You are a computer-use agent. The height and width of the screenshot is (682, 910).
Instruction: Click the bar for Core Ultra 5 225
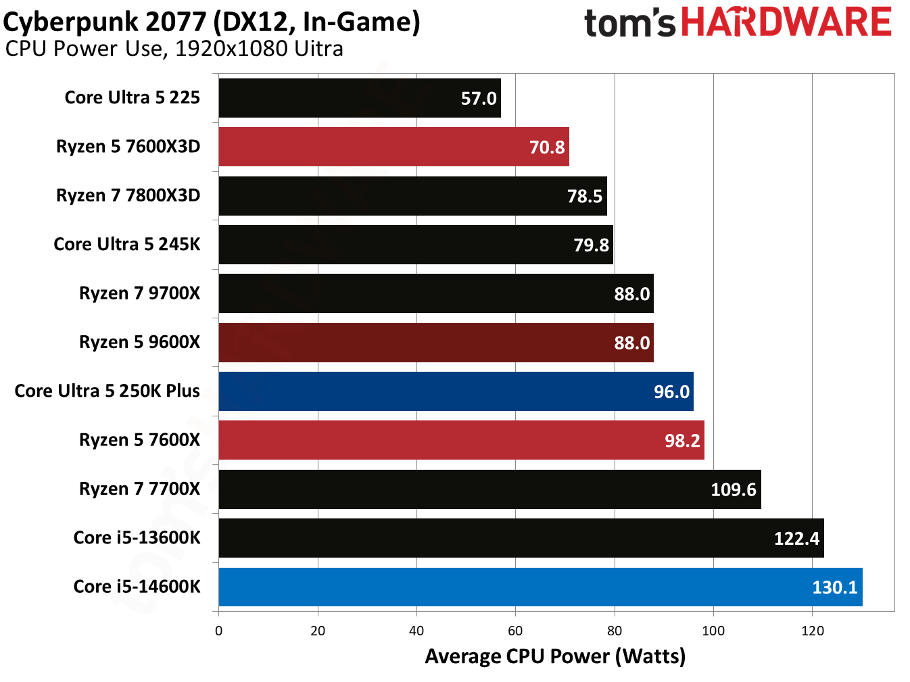tap(359, 98)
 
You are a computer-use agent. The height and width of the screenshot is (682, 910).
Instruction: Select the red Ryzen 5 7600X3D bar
tap(393, 147)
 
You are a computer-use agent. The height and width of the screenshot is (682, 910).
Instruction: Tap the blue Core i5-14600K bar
tap(540, 587)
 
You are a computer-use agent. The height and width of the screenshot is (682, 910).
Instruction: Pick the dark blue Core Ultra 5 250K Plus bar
tap(456, 391)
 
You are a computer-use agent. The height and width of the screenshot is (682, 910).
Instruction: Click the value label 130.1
tap(834, 587)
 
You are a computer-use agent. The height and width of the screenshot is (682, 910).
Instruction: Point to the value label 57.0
tap(479, 99)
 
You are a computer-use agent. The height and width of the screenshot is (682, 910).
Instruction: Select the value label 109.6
tap(733, 489)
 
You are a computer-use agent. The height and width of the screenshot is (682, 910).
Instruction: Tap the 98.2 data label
tap(682, 441)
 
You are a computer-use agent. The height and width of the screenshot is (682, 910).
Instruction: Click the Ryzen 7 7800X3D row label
tap(128, 195)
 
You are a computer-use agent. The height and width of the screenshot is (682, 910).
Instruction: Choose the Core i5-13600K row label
tap(137, 537)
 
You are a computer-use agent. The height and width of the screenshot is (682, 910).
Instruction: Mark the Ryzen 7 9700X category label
tap(139, 293)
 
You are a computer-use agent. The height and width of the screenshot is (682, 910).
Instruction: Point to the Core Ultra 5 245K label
tap(126, 244)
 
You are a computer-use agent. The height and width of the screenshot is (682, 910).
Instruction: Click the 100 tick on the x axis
tap(713, 631)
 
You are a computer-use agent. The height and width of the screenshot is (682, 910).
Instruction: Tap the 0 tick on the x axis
tap(218, 631)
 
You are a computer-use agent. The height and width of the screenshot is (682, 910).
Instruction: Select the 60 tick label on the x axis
tap(515, 631)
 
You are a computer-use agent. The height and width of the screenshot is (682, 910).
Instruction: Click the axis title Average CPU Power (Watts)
tap(555, 656)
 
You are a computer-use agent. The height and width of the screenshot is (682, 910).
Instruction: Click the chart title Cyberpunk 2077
tap(212, 22)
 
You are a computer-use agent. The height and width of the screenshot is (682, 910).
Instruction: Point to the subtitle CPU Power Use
tap(174, 49)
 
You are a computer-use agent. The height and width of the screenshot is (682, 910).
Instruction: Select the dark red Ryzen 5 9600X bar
tap(436, 343)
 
